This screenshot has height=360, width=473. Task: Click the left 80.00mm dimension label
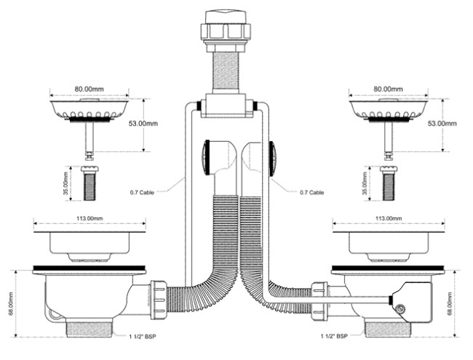coord(90,89)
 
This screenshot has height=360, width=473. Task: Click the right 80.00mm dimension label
coord(389,89)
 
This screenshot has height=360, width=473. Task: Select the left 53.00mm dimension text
coord(143,124)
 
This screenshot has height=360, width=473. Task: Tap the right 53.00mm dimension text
coord(442,124)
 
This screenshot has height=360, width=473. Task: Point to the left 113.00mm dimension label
coord(90,218)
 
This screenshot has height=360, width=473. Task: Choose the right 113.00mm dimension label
coord(389,218)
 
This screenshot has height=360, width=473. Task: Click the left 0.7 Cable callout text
coord(142,192)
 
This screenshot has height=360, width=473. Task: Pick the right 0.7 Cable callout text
coord(312,192)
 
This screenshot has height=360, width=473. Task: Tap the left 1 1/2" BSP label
coord(143,337)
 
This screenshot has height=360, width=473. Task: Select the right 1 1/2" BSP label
coord(334,336)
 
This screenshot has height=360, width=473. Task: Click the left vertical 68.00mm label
coord(11,303)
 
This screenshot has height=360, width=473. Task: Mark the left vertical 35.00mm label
coord(66,183)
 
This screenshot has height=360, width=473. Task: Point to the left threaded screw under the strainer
coord(90,183)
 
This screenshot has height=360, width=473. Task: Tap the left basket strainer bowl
coord(90,109)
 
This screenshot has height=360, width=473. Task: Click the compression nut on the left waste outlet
coord(159,300)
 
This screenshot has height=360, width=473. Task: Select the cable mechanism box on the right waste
coord(412,302)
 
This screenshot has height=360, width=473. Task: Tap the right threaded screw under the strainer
coord(389,183)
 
